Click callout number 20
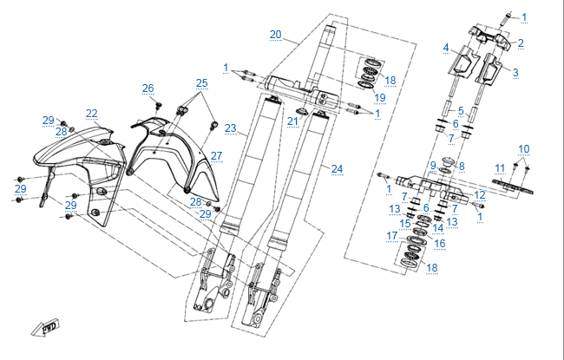point(275,35)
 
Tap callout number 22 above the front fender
point(91,113)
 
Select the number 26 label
point(148,88)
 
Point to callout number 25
point(201,83)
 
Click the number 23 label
point(230,128)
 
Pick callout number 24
point(337,167)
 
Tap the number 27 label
point(216,156)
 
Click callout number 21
point(292,121)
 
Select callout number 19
point(380,98)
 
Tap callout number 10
point(523,148)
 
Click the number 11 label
point(500,167)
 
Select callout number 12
point(480,194)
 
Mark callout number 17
point(391,236)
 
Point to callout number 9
point(433,165)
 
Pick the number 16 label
point(440,245)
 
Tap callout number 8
point(462,166)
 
